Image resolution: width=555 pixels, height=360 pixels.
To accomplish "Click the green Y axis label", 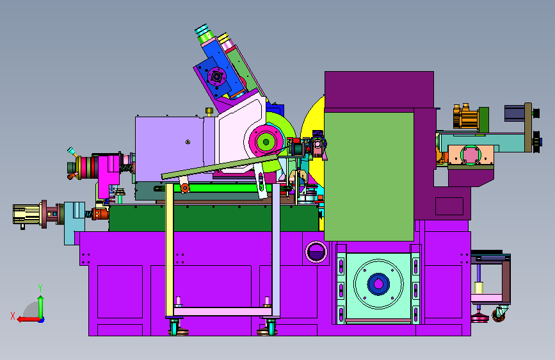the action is pyautogui.click(x=40, y=288).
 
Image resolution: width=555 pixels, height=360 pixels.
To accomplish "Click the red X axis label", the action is pyautogui.click(x=13, y=316).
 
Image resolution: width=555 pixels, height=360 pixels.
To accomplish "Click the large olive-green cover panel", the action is pyautogui.click(x=369, y=176).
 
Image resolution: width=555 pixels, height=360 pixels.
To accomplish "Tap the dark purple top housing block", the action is pyautogui.click(x=379, y=89).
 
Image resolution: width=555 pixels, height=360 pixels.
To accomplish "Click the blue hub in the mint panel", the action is pyautogui.click(x=378, y=284).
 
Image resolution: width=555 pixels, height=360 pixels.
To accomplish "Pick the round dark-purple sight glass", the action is pyautogui.click(x=316, y=252).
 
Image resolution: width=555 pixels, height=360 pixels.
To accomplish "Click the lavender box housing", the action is pyautogui.click(x=169, y=149).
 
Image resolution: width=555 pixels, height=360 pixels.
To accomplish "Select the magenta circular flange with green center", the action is pyautogui.click(x=266, y=142).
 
